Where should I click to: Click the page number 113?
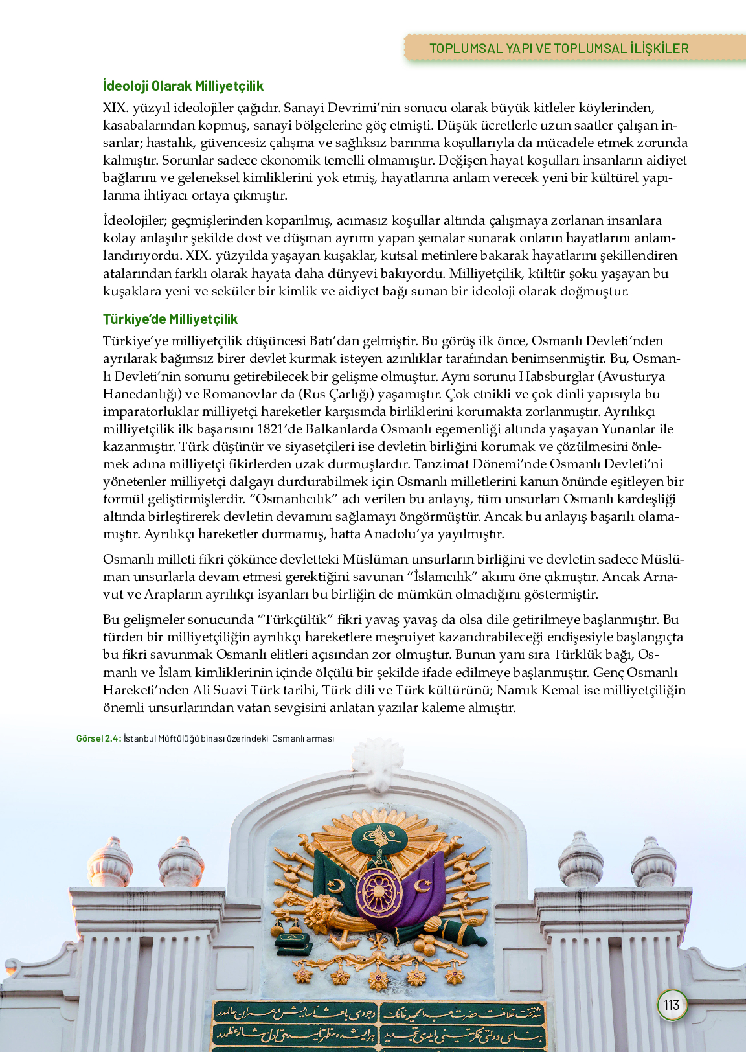click(672, 1005)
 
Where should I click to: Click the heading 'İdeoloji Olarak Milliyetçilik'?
click(183, 86)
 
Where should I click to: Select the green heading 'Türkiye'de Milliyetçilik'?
click(170, 319)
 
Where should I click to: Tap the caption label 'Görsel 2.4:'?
click(98, 738)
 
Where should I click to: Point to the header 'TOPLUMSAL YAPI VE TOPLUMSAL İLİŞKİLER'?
click(559, 49)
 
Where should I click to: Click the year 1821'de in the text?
click(279, 429)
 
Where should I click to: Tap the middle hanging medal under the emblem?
click(378, 979)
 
